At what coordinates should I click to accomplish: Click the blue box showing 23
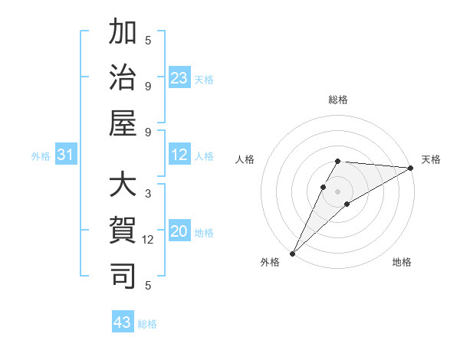(179, 77)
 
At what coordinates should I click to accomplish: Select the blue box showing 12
(179, 155)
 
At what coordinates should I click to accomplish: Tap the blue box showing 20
(179, 231)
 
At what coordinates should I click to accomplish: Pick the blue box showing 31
(66, 155)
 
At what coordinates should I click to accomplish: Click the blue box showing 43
(123, 322)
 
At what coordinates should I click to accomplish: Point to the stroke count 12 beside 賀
(148, 239)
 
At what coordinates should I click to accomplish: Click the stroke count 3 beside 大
(148, 194)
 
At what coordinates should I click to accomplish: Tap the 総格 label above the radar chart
(338, 100)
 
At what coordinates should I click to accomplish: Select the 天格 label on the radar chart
(432, 159)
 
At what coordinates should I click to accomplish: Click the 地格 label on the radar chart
(402, 262)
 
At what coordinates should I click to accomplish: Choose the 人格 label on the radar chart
(245, 159)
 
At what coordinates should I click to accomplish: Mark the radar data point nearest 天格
(412, 168)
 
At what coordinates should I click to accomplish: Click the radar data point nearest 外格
(292, 253)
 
